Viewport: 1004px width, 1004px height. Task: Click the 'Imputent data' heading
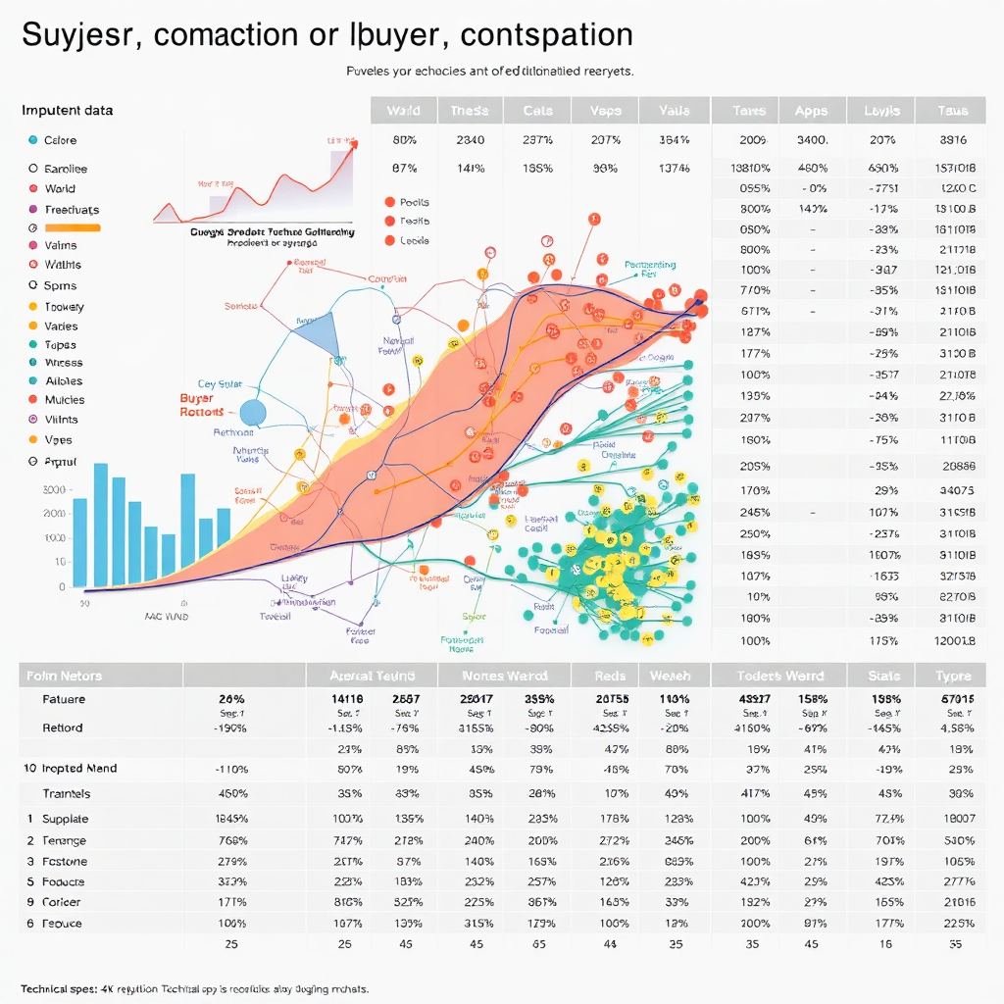(67, 110)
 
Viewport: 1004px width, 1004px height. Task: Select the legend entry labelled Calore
(60, 140)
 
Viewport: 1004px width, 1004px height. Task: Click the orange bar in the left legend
(73, 227)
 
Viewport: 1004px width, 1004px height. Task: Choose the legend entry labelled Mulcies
(64, 400)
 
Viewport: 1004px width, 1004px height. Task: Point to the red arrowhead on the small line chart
(352, 145)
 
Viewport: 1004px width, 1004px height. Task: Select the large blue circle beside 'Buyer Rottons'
(253, 413)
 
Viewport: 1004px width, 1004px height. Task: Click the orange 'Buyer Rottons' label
(203, 406)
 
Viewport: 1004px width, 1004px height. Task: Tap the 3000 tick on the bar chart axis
(55, 489)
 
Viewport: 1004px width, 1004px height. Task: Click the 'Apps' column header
(811, 111)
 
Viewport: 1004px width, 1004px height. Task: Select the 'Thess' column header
(470, 111)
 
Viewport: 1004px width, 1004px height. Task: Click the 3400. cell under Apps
(813, 140)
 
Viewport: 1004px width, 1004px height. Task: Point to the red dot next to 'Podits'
(389, 202)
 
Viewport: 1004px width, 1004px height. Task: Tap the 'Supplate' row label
(65, 819)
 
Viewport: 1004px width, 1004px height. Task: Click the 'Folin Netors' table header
(64, 676)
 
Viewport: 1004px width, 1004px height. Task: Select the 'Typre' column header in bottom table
(952, 676)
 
